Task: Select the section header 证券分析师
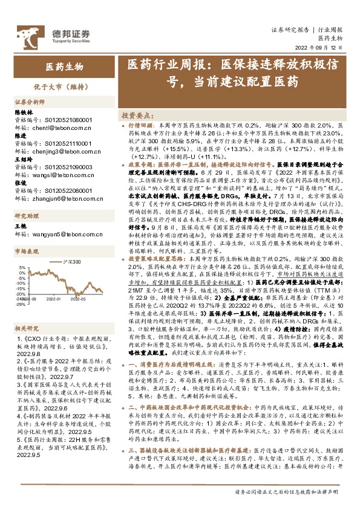point(30,102)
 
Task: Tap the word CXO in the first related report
point(31,340)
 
